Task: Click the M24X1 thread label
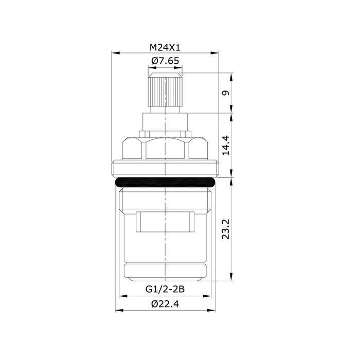click(165, 47)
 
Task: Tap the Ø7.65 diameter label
click(165, 61)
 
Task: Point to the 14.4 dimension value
click(226, 146)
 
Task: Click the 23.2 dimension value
click(226, 229)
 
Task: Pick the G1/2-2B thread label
click(165, 289)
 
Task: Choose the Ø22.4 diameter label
click(165, 304)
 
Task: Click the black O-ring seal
click(165, 183)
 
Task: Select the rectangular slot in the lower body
click(165, 222)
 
